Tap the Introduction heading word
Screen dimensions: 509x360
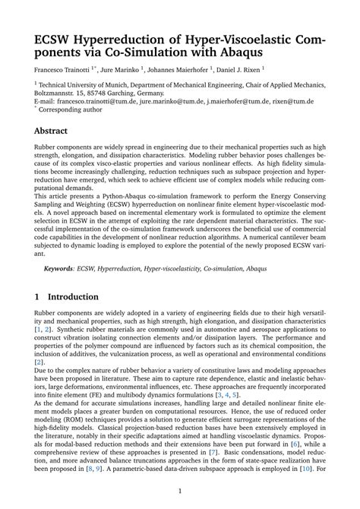point(74,296)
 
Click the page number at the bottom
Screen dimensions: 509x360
point(179,492)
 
